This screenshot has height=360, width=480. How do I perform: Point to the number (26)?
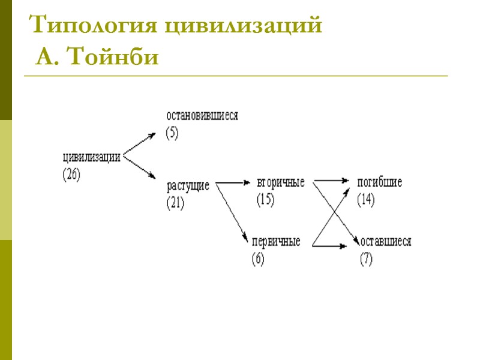[71, 175]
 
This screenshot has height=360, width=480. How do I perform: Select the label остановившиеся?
[202, 116]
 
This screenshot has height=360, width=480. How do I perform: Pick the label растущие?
[188, 185]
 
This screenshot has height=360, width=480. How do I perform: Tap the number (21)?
[175, 203]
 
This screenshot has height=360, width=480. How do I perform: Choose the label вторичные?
[280, 182]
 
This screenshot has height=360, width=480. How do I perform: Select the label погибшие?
[380, 182]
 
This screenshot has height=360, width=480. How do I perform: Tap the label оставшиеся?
[385, 242]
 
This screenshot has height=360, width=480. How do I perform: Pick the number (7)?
[366, 260]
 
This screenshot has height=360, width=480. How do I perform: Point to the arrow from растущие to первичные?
[232, 211]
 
